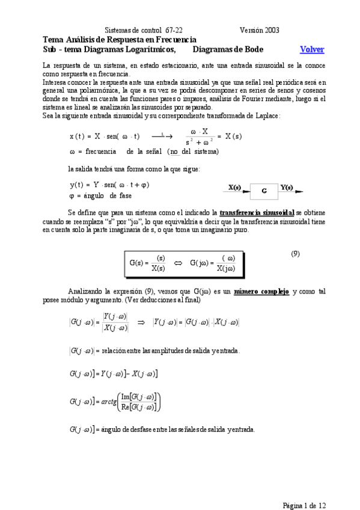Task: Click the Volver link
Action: coord(312,49)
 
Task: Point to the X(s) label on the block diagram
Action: coord(234,188)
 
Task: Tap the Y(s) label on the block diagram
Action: coord(287,188)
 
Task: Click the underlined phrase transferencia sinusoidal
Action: coord(257,212)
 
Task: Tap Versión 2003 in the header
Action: coord(259,29)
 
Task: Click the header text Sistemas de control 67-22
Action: coord(144,29)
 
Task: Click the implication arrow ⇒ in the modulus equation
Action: coord(142,322)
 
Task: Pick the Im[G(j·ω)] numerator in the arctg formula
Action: coord(138,396)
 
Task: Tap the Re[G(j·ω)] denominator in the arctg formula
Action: coord(138,407)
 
